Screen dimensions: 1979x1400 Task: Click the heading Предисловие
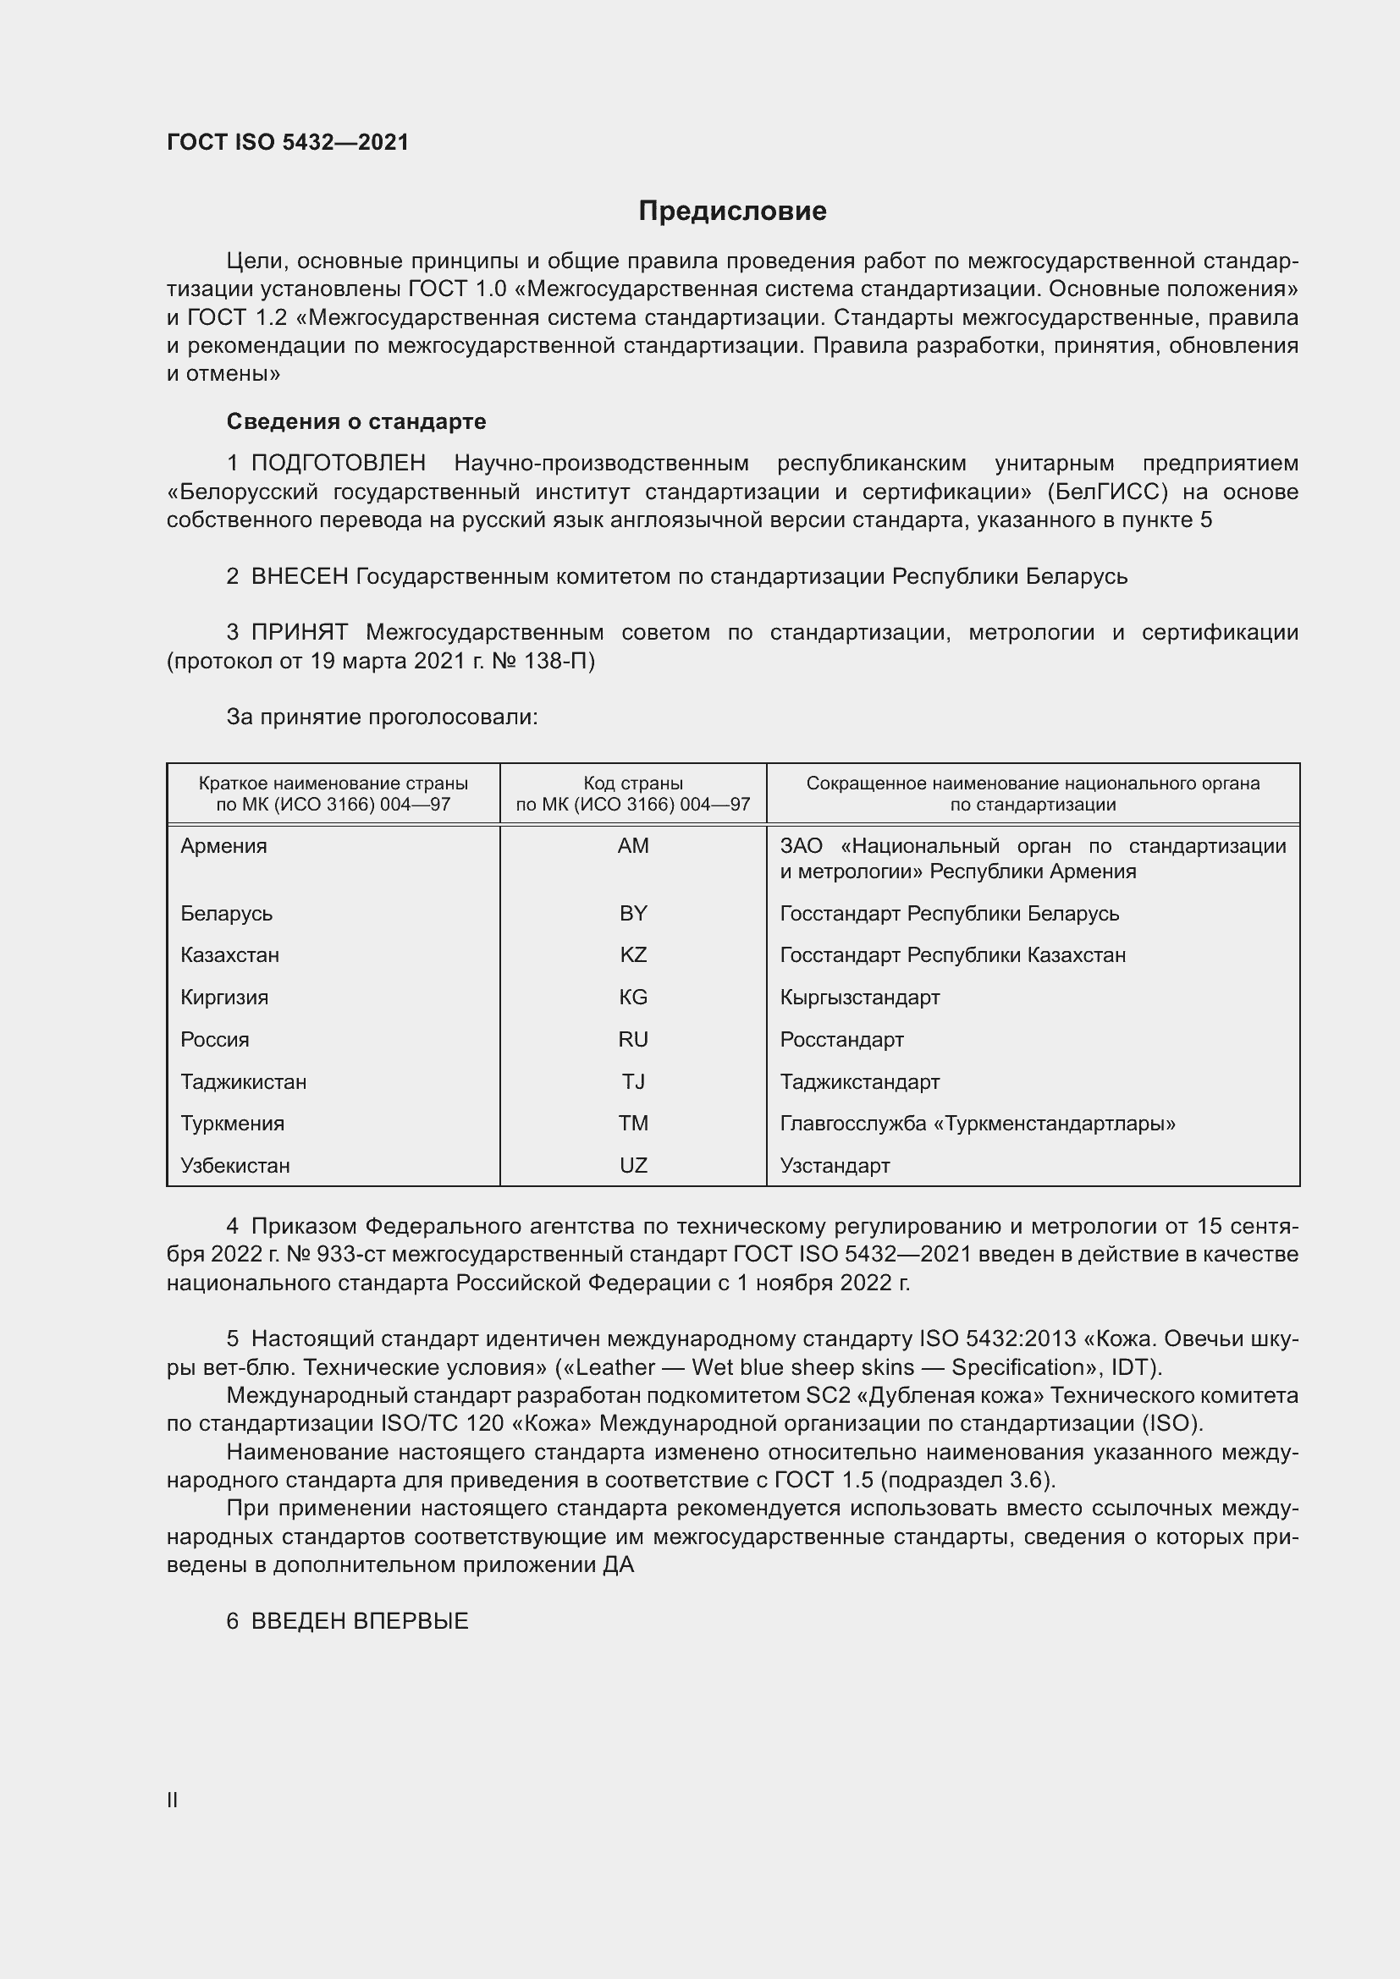click(x=732, y=212)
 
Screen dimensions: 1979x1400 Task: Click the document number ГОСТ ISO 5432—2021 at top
click(x=287, y=142)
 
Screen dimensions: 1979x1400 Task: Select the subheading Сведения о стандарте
click(x=356, y=421)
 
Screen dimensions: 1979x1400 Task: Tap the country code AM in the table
click(x=633, y=845)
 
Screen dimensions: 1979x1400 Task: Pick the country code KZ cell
click(x=633, y=955)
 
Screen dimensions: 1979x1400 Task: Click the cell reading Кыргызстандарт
click(x=859, y=998)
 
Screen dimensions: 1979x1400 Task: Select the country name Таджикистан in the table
click(x=243, y=1082)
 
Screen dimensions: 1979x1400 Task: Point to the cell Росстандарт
click(x=841, y=1040)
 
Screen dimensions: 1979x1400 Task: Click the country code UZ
click(x=633, y=1165)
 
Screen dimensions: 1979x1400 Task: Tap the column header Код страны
click(x=633, y=783)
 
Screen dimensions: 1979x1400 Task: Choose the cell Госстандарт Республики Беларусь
click(x=949, y=913)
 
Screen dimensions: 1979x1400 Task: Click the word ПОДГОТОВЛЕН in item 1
click(x=338, y=464)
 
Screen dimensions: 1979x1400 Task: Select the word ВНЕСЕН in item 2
click(x=299, y=577)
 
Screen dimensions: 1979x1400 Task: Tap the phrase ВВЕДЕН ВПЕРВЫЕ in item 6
click(x=360, y=1621)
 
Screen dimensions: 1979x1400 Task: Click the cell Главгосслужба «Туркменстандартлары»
click(x=978, y=1124)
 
